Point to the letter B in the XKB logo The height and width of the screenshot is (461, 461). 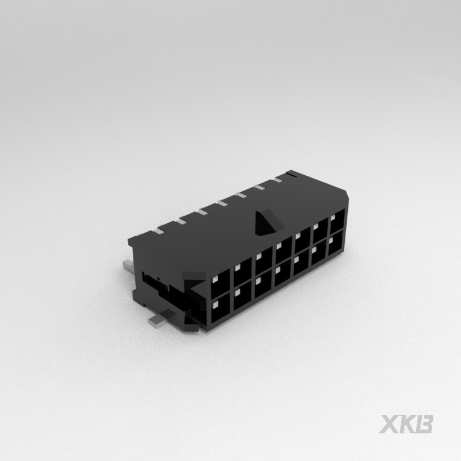click(x=425, y=424)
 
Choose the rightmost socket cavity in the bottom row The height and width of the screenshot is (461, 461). click(x=336, y=246)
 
